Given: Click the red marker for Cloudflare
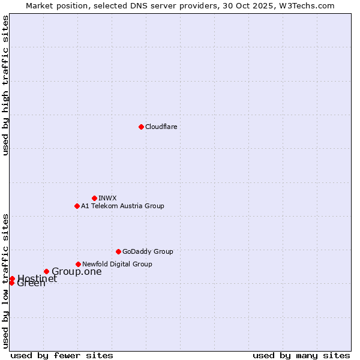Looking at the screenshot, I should tap(141, 127).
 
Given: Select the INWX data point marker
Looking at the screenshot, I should tap(94, 198).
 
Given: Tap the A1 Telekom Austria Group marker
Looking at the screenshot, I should tap(77, 206).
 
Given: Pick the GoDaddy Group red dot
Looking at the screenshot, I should tap(118, 251).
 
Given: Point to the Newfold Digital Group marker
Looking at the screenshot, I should tap(78, 264).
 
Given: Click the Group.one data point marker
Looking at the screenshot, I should tap(46, 271).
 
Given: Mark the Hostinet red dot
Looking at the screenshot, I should tap(12, 278).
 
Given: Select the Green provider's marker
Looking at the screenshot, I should tap(11, 283).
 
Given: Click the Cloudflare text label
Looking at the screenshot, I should tap(161, 127).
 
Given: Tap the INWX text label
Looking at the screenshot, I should tap(107, 198).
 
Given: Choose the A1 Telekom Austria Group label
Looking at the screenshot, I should tap(122, 206).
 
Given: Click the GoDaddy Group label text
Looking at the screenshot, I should tap(148, 251).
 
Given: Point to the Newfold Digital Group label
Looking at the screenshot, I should tap(117, 264).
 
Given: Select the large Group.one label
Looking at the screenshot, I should tap(77, 272).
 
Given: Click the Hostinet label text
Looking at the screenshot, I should tap(37, 278).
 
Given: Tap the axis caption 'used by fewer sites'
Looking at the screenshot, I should tap(62, 355).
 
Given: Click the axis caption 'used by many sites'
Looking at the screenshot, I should tap(301, 355).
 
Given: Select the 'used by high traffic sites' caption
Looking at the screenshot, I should tap(6, 85).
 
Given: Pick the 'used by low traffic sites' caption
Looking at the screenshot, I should tap(6, 280).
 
